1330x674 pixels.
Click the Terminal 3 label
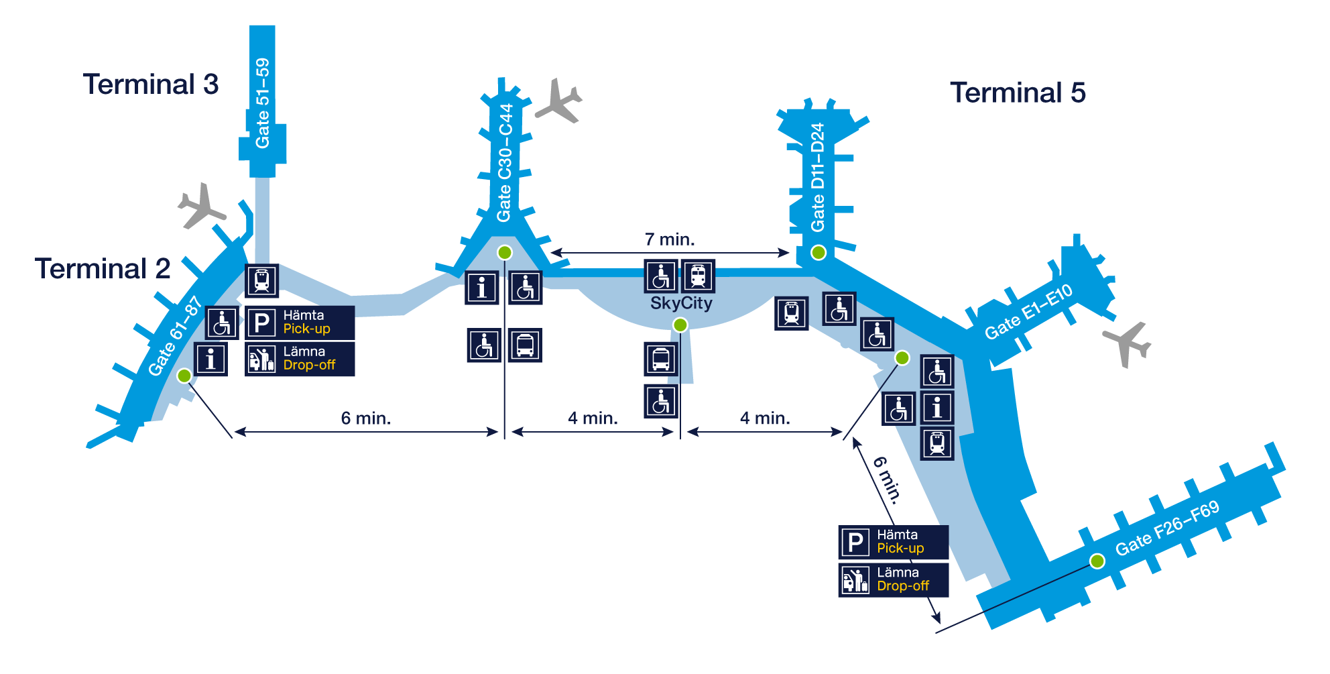coord(151,85)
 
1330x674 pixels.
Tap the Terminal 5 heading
coord(1018,93)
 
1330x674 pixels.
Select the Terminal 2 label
coord(103,268)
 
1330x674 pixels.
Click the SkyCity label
coord(681,303)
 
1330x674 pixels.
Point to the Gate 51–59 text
coord(262,103)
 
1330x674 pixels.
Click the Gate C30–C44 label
coord(504,163)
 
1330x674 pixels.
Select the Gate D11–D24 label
coord(818,178)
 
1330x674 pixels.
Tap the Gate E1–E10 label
coord(1028,312)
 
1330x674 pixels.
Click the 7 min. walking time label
coord(670,239)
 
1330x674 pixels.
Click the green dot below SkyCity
coord(680,325)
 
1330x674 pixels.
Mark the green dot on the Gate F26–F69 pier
coord(1097,561)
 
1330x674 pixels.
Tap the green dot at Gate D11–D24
coord(818,253)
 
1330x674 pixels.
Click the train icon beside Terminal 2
coord(261,280)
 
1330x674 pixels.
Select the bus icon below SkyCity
coord(661,359)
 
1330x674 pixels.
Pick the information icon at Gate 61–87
coord(210,359)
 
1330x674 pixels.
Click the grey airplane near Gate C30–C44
coord(559,101)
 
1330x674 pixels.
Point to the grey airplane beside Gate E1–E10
coord(1128,343)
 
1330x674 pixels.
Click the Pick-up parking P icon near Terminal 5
coord(855,542)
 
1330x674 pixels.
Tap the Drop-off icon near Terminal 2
coord(261,359)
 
